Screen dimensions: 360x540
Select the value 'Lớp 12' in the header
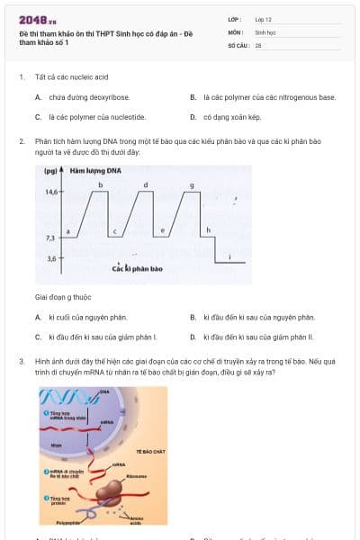(x=263, y=18)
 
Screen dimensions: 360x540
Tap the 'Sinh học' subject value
(x=265, y=31)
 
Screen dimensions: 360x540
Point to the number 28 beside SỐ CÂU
(x=258, y=44)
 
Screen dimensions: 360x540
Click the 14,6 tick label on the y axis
(x=49, y=192)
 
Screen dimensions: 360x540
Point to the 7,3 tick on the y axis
(x=49, y=237)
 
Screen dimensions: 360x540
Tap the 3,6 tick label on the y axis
(x=49, y=258)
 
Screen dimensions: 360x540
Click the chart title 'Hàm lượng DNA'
(x=95, y=170)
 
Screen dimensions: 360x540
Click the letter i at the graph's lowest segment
(x=229, y=256)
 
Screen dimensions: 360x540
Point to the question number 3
(x=21, y=360)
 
